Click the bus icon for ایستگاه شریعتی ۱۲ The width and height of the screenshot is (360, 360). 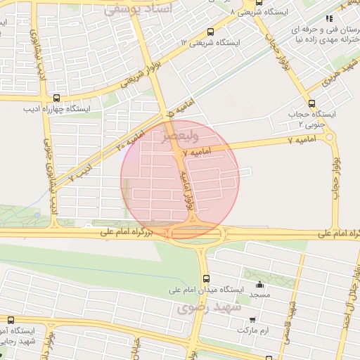(211, 32)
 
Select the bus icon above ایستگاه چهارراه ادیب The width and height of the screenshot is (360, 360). (56, 98)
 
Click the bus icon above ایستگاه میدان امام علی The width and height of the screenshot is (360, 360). (205, 278)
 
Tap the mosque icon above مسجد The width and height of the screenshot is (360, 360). (259, 285)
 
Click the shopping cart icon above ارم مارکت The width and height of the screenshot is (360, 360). (247, 319)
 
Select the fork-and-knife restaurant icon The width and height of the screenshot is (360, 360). (328, 19)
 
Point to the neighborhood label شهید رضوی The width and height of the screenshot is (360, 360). (209, 307)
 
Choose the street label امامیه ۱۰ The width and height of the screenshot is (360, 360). (130, 140)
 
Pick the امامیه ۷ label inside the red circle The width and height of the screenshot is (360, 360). (196, 152)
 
